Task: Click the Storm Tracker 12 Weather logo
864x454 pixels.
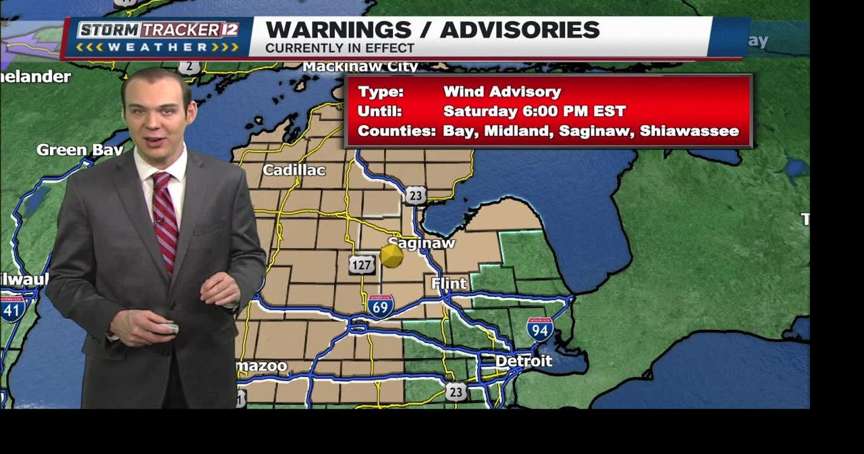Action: point(158,38)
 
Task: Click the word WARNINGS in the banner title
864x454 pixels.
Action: point(338,30)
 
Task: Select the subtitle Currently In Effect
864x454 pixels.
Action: point(340,49)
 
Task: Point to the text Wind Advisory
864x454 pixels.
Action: point(502,92)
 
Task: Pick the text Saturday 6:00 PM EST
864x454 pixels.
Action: point(534,111)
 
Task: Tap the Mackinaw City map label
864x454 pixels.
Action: point(360,67)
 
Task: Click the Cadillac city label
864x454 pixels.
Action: point(294,170)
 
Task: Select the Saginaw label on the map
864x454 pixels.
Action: point(422,243)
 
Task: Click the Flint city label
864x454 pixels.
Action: point(449,284)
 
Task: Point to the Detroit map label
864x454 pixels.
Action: point(524,361)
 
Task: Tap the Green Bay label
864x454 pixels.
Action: point(78,150)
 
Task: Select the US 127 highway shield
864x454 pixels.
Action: point(362,265)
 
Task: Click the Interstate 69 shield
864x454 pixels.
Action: point(381,307)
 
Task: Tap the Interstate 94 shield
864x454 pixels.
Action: point(539,329)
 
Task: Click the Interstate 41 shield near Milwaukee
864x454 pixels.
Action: point(13,309)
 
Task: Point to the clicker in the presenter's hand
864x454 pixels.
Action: point(166,328)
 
